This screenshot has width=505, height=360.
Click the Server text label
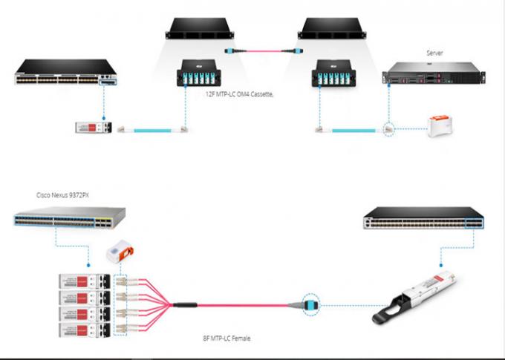click(x=434, y=53)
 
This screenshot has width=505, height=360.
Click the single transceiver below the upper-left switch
click(x=93, y=128)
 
